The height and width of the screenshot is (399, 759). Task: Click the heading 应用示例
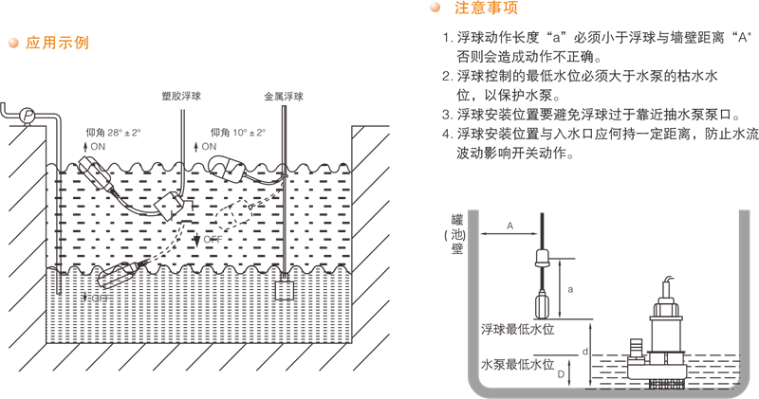point(57,43)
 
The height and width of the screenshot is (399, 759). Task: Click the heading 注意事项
point(486,9)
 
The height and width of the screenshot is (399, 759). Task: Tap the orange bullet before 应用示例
point(13,43)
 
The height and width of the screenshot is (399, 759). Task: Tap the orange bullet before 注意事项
point(435,9)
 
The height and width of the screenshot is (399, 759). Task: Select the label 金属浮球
point(284,97)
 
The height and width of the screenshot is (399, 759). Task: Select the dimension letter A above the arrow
point(509,226)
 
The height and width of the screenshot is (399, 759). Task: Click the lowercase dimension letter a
point(569,286)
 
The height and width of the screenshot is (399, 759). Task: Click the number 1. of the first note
point(447,41)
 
